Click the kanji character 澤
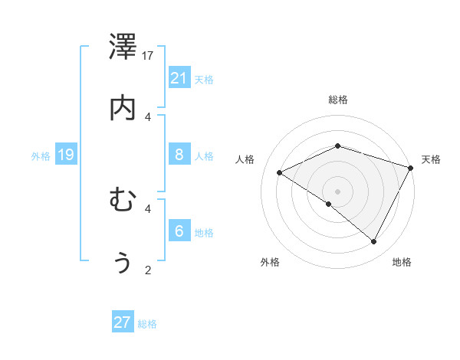tap(123, 48)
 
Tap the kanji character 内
tap(123, 108)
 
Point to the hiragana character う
tap(123, 262)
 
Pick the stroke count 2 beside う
tap(148, 269)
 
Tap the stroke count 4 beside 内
tap(148, 116)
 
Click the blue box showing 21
tap(179, 78)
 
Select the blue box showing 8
tap(179, 155)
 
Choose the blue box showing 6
tap(179, 231)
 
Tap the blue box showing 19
tap(66, 155)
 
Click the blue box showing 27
tap(123, 322)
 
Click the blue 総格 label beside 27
tap(147, 324)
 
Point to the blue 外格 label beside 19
tap(41, 156)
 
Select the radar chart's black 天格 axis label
tap(431, 159)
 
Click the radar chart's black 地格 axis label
tap(402, 262)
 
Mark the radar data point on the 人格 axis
tap(280, 172)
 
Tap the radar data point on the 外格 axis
tap(329, 204)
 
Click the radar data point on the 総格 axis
tap(338, 146)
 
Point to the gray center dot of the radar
tap(338, 191)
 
